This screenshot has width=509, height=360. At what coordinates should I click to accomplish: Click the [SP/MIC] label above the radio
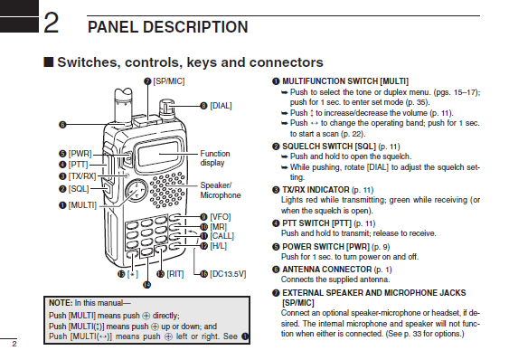[169, 81]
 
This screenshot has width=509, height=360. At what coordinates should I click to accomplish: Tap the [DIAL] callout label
[221, 106]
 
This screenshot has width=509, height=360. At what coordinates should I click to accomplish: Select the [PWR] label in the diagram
[80, 154]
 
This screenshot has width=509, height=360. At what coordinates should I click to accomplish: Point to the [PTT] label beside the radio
[79, 165]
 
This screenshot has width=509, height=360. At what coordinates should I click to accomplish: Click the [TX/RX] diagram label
[82, 176]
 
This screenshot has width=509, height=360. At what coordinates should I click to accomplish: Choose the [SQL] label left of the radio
[79, 189]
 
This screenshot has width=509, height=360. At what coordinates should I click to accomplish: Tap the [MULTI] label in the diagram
[82, 205]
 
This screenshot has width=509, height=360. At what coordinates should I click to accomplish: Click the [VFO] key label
[221, 217]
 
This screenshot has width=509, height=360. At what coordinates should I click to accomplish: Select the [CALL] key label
[222, 236]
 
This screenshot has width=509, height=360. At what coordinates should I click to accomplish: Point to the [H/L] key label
[218, 246]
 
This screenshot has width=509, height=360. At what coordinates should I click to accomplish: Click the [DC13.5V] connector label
[228, 274]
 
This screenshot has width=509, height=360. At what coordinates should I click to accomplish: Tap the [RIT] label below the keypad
[175, 274]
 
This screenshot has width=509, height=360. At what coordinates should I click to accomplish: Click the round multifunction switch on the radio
[136, 191]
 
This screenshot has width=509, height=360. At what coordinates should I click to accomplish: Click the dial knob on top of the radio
[166, 109]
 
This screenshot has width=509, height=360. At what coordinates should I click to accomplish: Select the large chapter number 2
[51, 22]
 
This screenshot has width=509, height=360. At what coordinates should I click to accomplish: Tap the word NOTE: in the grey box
[61, 303]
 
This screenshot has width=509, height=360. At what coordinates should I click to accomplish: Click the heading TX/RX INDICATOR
[316, 190]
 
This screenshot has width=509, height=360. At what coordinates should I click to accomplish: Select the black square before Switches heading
[48, 62]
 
